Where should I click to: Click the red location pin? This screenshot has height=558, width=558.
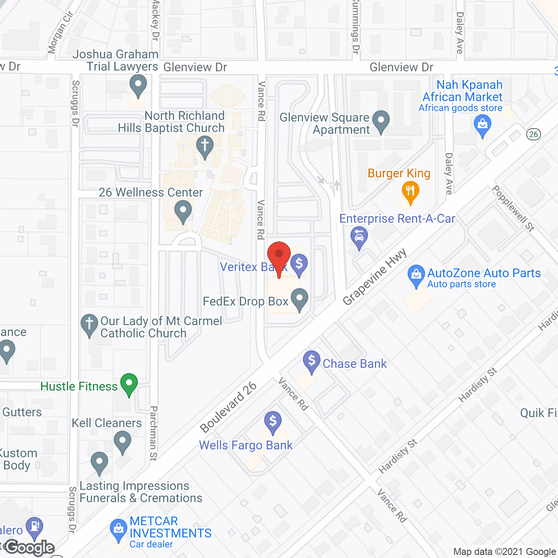tap(279, 255)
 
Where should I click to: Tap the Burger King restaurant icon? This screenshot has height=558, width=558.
tap(410, 191)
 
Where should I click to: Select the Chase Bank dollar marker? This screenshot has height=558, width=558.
tap(312, 361)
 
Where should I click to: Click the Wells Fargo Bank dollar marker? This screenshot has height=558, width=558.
tap(273, 422)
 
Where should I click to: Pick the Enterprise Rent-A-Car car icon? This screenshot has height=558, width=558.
tap(359, 238)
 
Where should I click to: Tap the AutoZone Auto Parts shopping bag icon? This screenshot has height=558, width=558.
tap(416, 275)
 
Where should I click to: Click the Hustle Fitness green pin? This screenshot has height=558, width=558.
tap(129, 384)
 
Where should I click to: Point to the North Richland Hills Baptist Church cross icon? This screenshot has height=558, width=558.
tap(204, 146)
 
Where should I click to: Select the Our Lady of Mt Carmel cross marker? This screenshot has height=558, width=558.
tap(89, 324)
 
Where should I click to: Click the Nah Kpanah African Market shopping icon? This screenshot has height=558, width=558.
tap(482, 125)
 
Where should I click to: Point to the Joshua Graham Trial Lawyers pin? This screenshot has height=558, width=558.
tap(138, 85)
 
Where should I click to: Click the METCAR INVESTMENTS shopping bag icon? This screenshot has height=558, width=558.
tap(118, 529)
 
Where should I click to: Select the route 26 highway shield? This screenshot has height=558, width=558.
tap(533, 134)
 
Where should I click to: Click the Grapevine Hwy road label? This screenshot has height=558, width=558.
tap(375, 277)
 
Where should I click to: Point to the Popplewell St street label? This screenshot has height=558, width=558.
tap(513, 208)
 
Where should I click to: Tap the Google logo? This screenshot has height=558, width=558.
tap(30, 548)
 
